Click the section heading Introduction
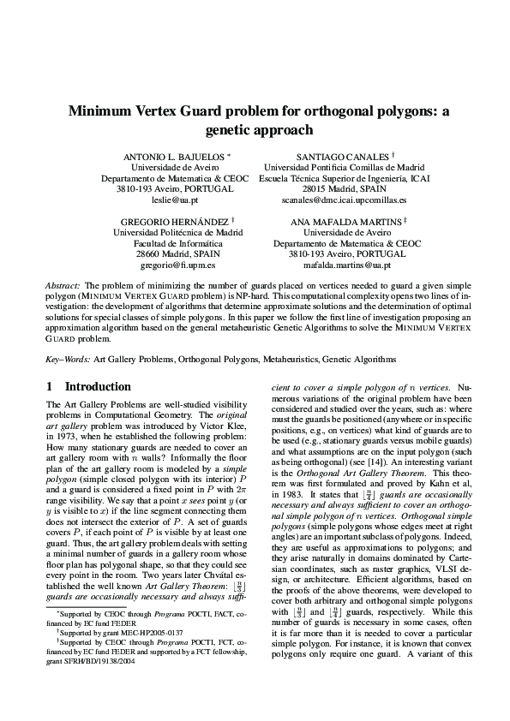tap(98, 387)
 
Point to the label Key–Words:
tap(68, 361)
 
